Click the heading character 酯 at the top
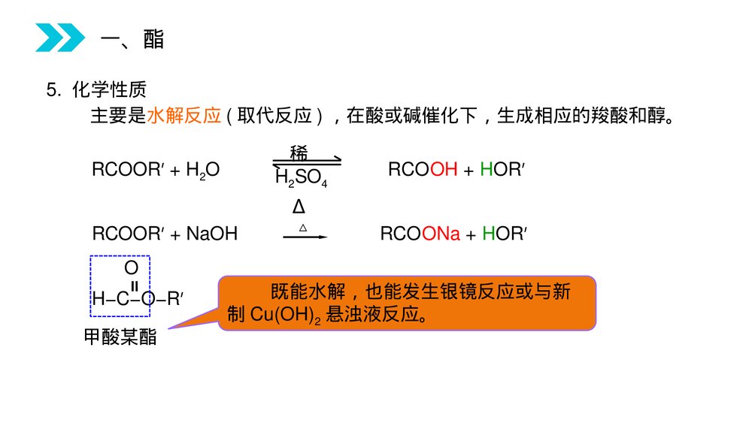(x=153, y=39)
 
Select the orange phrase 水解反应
(x=183, y=116)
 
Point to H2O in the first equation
(x=203, y=171)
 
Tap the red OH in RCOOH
(x=444, y=170)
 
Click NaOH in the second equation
(x=211, y=234)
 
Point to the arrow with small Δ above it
(x=305, y=236)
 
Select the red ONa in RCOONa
(x=441, y=234)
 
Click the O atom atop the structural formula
(x=131, y=267)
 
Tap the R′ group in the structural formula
(x=174, y=299)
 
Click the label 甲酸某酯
(x=120, y=337)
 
